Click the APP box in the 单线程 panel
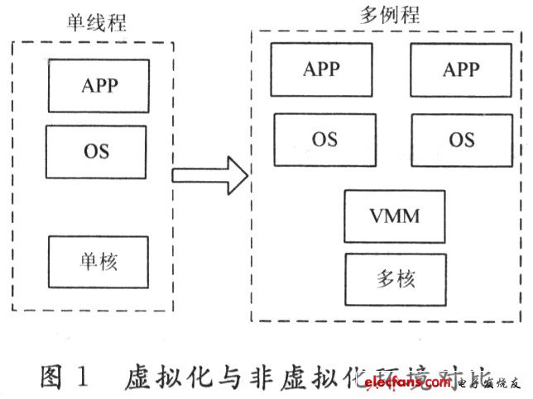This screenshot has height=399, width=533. [x=98, y=85]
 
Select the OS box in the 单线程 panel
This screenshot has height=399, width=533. [x=96, y=152]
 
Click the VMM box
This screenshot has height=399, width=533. [x=395, y=216]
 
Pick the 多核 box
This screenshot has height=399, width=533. [x=393, y=278]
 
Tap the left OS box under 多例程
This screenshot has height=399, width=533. [x=324, y=140]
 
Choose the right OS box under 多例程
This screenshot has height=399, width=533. [x=461, y=140]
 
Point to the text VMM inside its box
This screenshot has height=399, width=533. [x=395, y=216]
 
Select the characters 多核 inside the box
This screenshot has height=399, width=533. [x=393, y=278]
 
